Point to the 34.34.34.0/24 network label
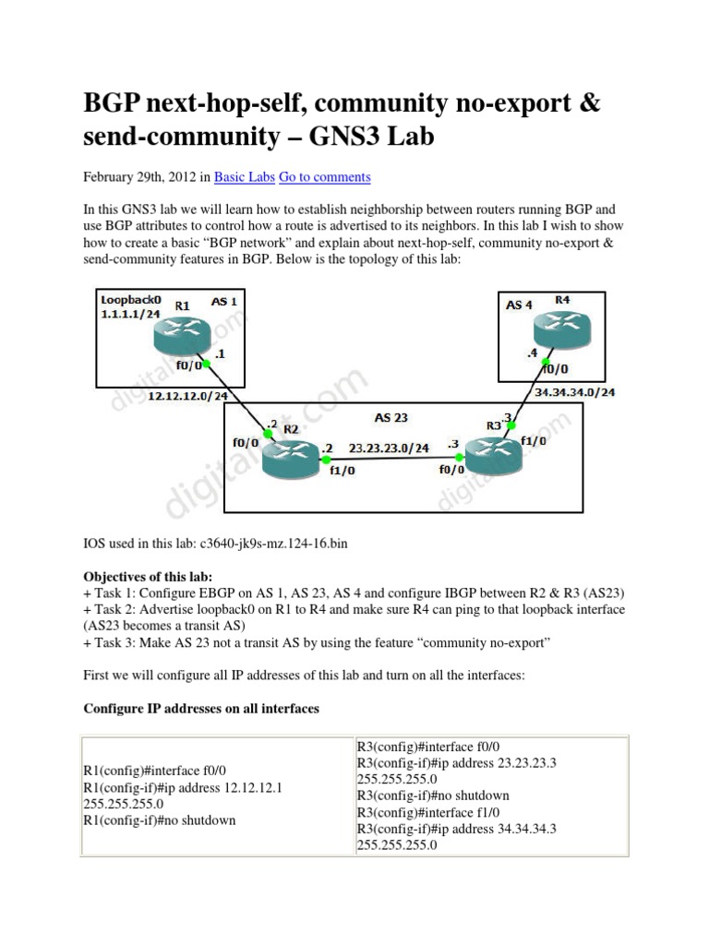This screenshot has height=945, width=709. tap(576, 392)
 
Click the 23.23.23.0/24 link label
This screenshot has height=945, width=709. tap(389, 448)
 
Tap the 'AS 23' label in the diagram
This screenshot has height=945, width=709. tap(391, 417)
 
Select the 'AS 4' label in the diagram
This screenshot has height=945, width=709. tap(520, 304)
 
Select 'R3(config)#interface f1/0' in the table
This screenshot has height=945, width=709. tap(427, 812)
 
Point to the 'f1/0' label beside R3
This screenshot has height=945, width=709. tap(535, 441)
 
